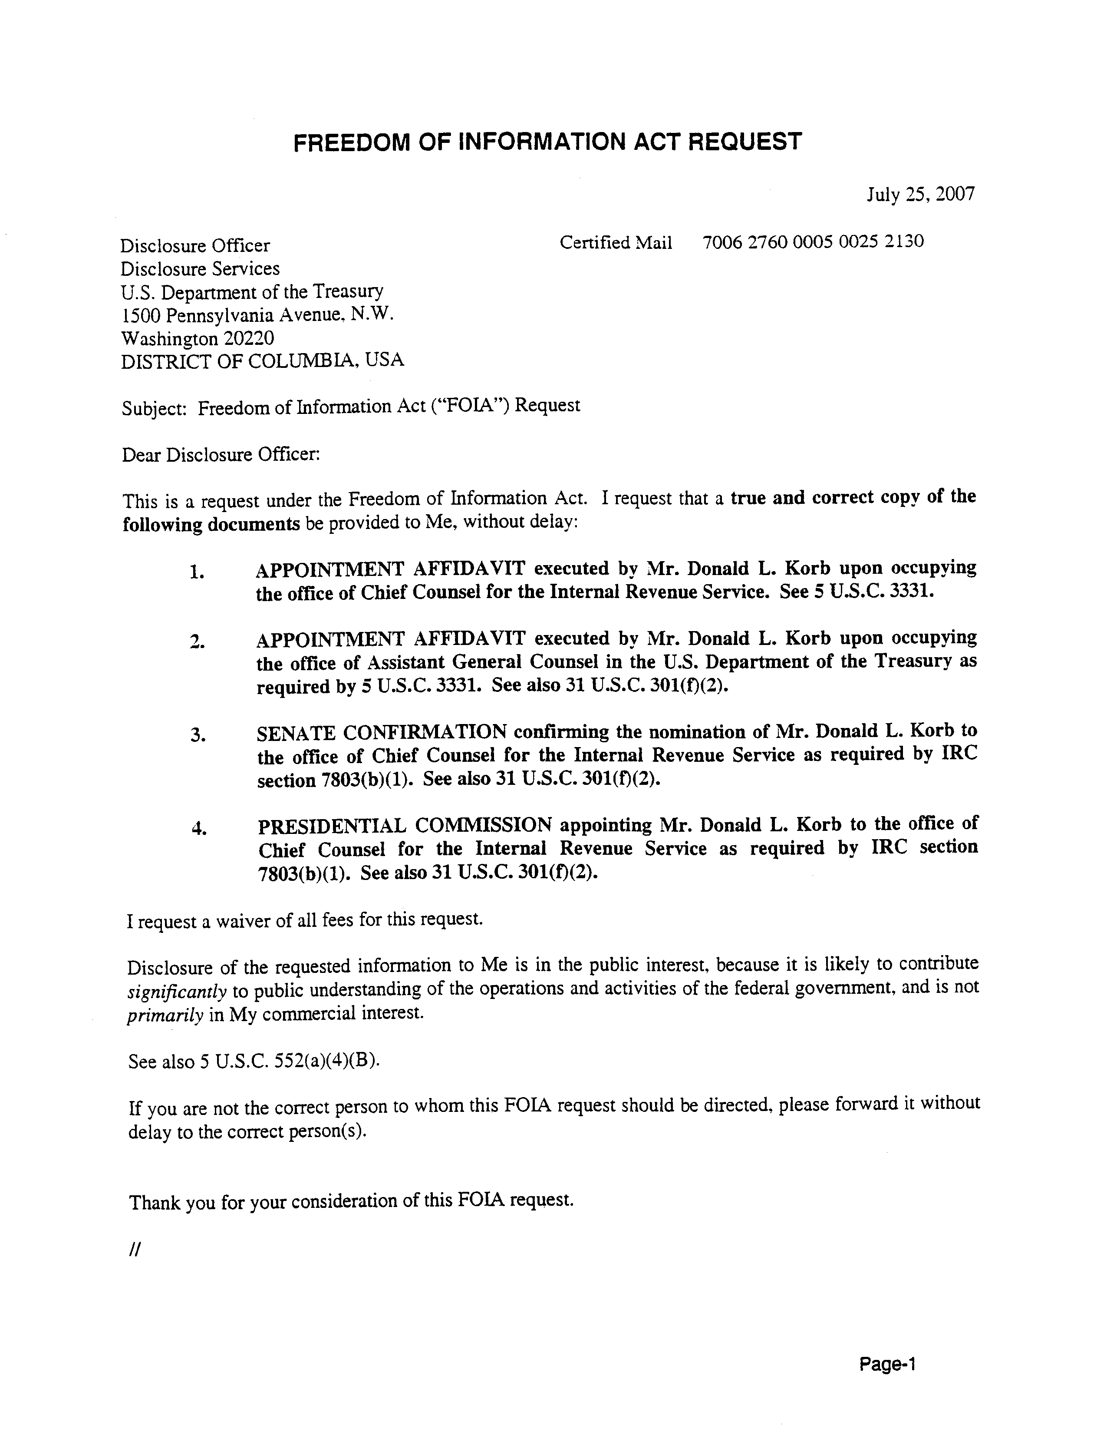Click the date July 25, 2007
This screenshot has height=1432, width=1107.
pos(920,194)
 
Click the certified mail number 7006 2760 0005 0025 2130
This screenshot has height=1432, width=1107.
pos(813,242)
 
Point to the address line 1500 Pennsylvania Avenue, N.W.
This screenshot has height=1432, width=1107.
pos(257,315)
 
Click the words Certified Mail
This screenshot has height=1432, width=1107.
pos(616,243)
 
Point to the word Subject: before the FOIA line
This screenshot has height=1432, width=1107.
pos(155,408)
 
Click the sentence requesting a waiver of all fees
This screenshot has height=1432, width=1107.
pos(305,921)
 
